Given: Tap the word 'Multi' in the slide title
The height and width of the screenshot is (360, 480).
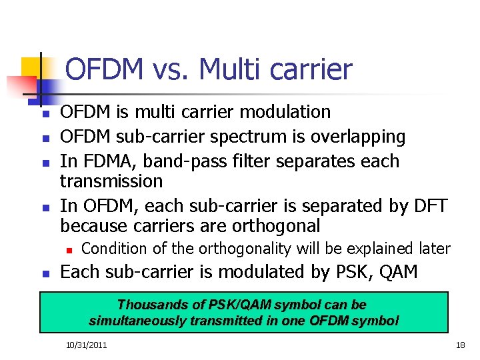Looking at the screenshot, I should [228, 69].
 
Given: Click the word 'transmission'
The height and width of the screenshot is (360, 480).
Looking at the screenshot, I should [111, 181].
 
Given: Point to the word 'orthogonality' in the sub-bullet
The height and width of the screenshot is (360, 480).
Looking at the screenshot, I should [249, 249].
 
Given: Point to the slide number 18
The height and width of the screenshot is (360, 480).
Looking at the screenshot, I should [459, 345].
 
